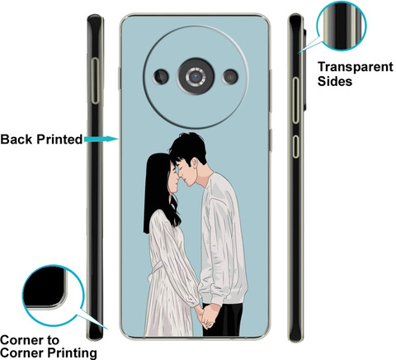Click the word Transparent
356,67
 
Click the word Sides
335,81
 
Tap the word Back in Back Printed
16,140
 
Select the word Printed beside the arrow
59,140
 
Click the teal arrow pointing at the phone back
101,140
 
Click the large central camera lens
196,76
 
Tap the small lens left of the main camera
161,76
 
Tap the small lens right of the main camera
230,77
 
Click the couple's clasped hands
208,315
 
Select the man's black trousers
223,320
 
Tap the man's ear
195,163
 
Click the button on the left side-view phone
95,81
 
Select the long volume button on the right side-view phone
295,101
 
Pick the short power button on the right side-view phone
295,146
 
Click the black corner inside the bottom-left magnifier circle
44,287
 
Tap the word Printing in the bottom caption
73,353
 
